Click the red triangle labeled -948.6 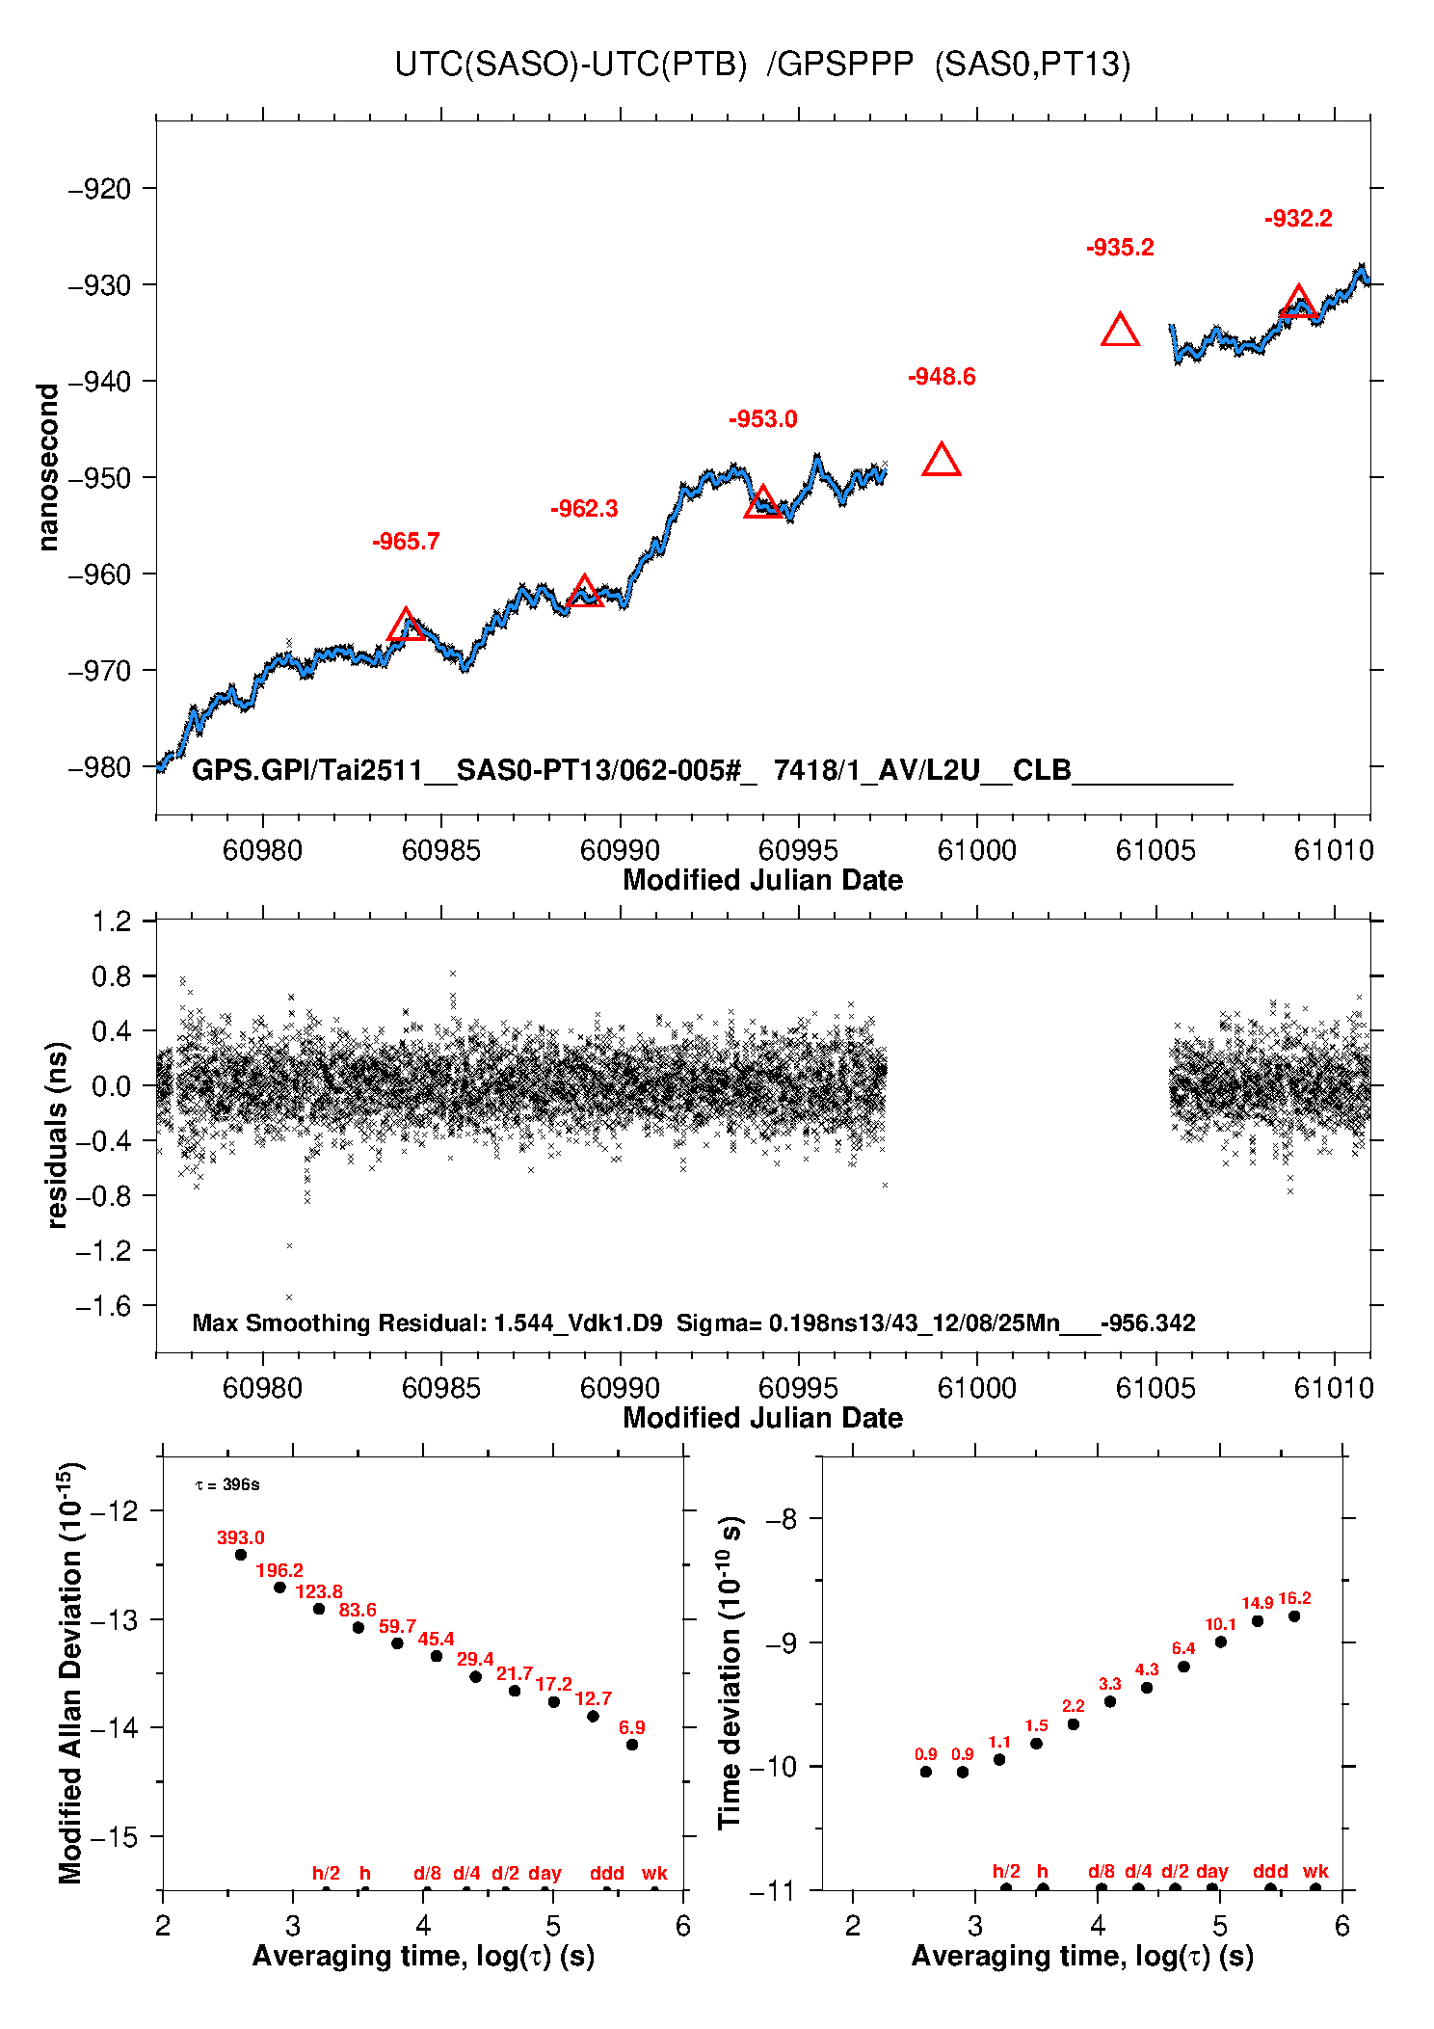942,462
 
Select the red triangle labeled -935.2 1120,332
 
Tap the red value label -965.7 406,542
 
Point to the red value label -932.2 1298,219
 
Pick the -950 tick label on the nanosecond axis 99,478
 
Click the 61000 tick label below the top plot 977,850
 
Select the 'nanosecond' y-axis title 48,467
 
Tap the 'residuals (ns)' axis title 57,1135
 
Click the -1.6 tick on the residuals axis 109,1306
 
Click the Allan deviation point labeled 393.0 241,1555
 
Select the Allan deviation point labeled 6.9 632,1745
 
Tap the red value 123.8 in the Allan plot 319,1591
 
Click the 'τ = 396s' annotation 227,1484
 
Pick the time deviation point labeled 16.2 1294,1616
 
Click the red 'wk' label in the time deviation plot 1315,1871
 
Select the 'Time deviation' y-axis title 730,1673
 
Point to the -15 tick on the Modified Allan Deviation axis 114,1837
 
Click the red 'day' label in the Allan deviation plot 544,1873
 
